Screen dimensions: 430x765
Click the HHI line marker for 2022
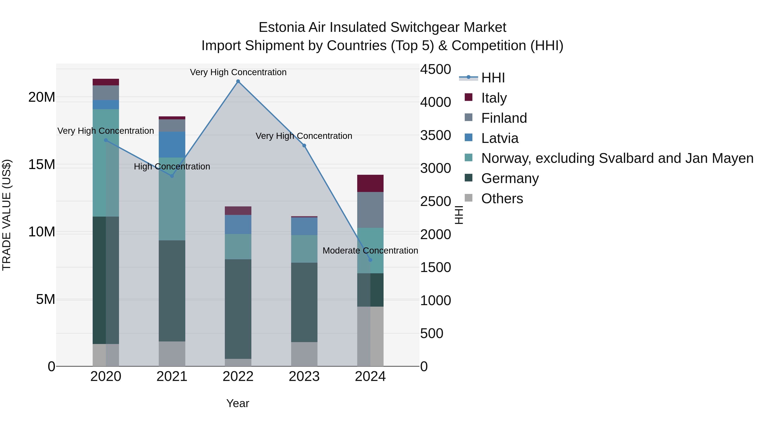click(x=238, y=81)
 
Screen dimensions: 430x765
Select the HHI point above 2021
click(x=172, y=176)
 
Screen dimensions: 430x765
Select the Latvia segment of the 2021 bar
click(x=172, y=145)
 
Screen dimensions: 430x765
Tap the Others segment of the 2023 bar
click(x=304, y=354)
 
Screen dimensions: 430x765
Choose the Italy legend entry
click(x=494, y=98)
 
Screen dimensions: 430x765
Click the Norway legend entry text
click(x=617, y=158)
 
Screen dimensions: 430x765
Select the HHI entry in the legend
click(x=493, y=78)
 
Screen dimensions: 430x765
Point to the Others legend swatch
click(x=468, y=198)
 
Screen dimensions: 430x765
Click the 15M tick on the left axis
click(x=42, y=164)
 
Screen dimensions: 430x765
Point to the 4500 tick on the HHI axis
click(x=435, y=69)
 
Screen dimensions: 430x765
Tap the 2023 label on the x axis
click(x=304, y=376)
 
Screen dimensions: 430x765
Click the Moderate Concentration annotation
click(x=370, y=251)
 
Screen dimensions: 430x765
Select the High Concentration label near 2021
click(x=172, y=166)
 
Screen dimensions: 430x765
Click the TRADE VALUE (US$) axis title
click(x=7, y=215)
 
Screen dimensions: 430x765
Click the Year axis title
click(x=238, y=403)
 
